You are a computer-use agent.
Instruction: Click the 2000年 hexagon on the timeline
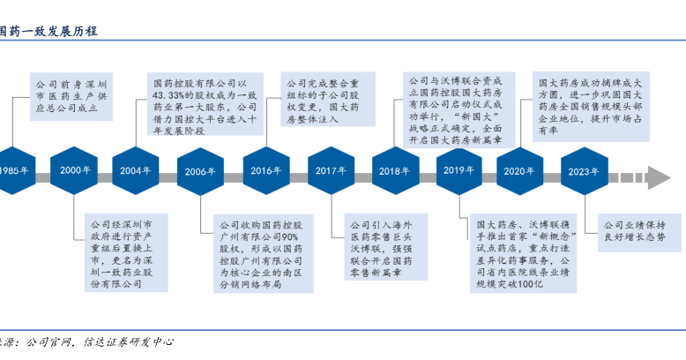coord(77,170)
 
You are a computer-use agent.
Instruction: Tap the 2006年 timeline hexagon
coord(200,171)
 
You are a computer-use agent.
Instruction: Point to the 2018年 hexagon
coord(394,171)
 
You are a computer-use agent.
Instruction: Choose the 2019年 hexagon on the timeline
coord(458,170)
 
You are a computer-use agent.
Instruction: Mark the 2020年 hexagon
coord(521,171)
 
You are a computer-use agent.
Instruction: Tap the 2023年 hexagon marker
coord(585,171)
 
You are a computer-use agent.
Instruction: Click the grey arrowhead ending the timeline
coord(659,171)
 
